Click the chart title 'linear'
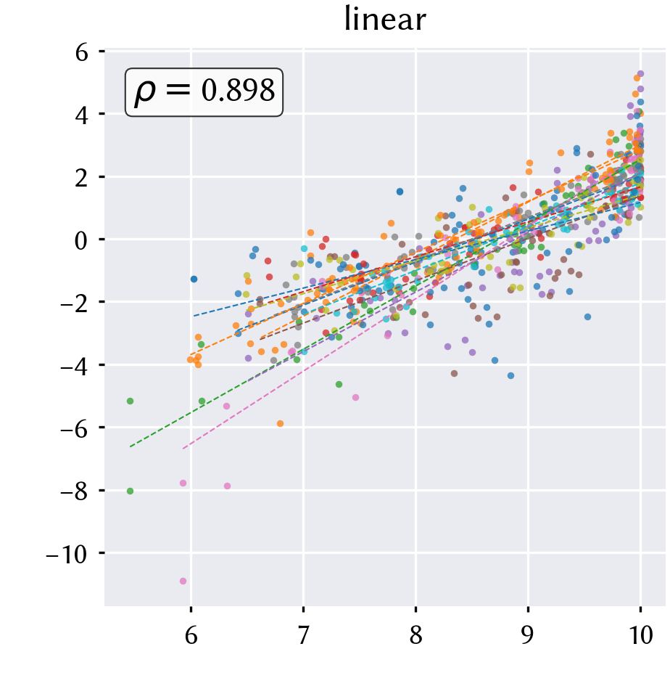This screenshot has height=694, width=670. [385, 20]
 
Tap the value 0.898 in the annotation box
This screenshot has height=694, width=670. [238, 90]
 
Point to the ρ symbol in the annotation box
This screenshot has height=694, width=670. [145, 92]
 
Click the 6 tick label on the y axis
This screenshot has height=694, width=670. [81, 53]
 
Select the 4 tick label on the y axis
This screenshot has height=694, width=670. [81, 115]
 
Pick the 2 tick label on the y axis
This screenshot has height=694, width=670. [81, 179]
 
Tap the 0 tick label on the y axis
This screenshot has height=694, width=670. [81, 241]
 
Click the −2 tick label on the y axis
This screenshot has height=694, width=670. [74, 304]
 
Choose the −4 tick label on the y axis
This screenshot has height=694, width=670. [74, 367]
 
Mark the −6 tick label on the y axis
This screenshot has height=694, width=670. [74, 429]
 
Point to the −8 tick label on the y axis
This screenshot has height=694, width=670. [74, 492]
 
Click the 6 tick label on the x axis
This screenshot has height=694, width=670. [191, 635]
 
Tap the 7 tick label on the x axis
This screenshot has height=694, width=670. [303, 635]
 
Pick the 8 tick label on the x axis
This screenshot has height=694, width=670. [416, 635]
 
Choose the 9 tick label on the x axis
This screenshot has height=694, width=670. [528, 635]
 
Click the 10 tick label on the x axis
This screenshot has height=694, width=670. [640, 635]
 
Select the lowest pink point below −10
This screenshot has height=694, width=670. [183, 581]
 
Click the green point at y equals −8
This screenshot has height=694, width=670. [130, 491]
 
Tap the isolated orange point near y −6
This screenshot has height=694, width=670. [280, 423]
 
